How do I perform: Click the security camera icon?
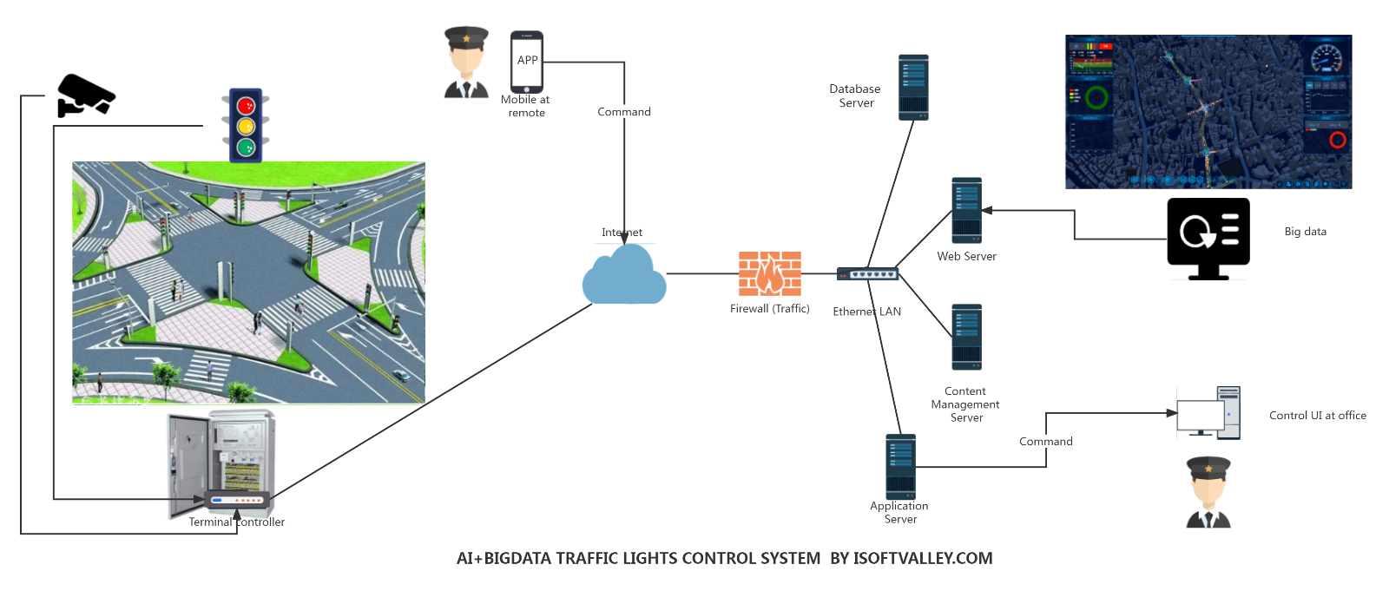coord(85,95)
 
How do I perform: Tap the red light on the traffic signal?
coord(246,106)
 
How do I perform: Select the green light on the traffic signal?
coord(246,148)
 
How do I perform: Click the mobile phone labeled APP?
coord(527,62)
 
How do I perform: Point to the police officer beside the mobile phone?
coord(466,62)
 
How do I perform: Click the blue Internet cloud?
coord(624,276)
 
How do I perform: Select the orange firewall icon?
coord(769,274)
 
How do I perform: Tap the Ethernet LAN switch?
coord(867,274)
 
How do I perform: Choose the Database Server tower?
coord(913,87)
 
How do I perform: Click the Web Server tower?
coord(966,211)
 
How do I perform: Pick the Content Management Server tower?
coord(966,337)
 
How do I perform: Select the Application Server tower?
coord(900,467)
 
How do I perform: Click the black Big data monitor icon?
coord(1208,237)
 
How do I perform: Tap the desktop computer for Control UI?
coord(1208,413)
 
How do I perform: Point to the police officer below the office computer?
coord(1208,492)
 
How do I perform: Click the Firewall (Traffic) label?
coord(769,309)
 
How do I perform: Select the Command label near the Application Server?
coord(1045,442)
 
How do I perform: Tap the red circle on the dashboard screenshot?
coord(1337,140)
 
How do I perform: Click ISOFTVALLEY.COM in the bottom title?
coord(923,559)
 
